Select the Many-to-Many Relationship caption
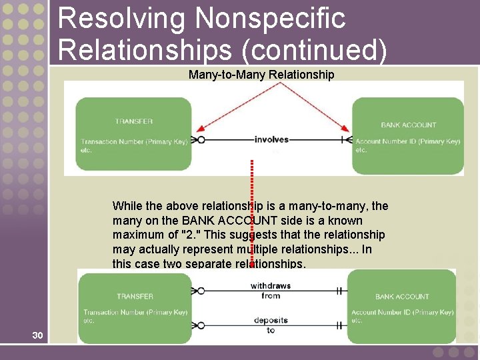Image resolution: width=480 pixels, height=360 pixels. [261, 75]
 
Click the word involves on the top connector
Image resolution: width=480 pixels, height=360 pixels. [271, 139]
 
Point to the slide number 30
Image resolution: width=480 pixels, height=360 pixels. [37, 335]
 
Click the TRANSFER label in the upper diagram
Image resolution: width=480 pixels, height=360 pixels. [133, 121]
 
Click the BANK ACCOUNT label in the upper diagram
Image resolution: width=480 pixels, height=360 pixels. [408, 125]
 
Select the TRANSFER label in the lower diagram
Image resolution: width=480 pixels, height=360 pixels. [135, 296]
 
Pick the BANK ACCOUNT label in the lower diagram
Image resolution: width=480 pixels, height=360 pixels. [402, 297]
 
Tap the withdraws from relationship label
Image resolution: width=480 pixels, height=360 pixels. [271, 291]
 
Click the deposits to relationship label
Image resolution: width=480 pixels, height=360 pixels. [271, 325]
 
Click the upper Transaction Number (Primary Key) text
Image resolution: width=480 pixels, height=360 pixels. [134, 141]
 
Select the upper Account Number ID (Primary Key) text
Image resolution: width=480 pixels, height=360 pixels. [407, 141]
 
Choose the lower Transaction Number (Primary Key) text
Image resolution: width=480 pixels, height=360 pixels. [135, 312]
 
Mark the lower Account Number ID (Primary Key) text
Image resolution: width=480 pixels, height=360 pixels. [402, 312]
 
